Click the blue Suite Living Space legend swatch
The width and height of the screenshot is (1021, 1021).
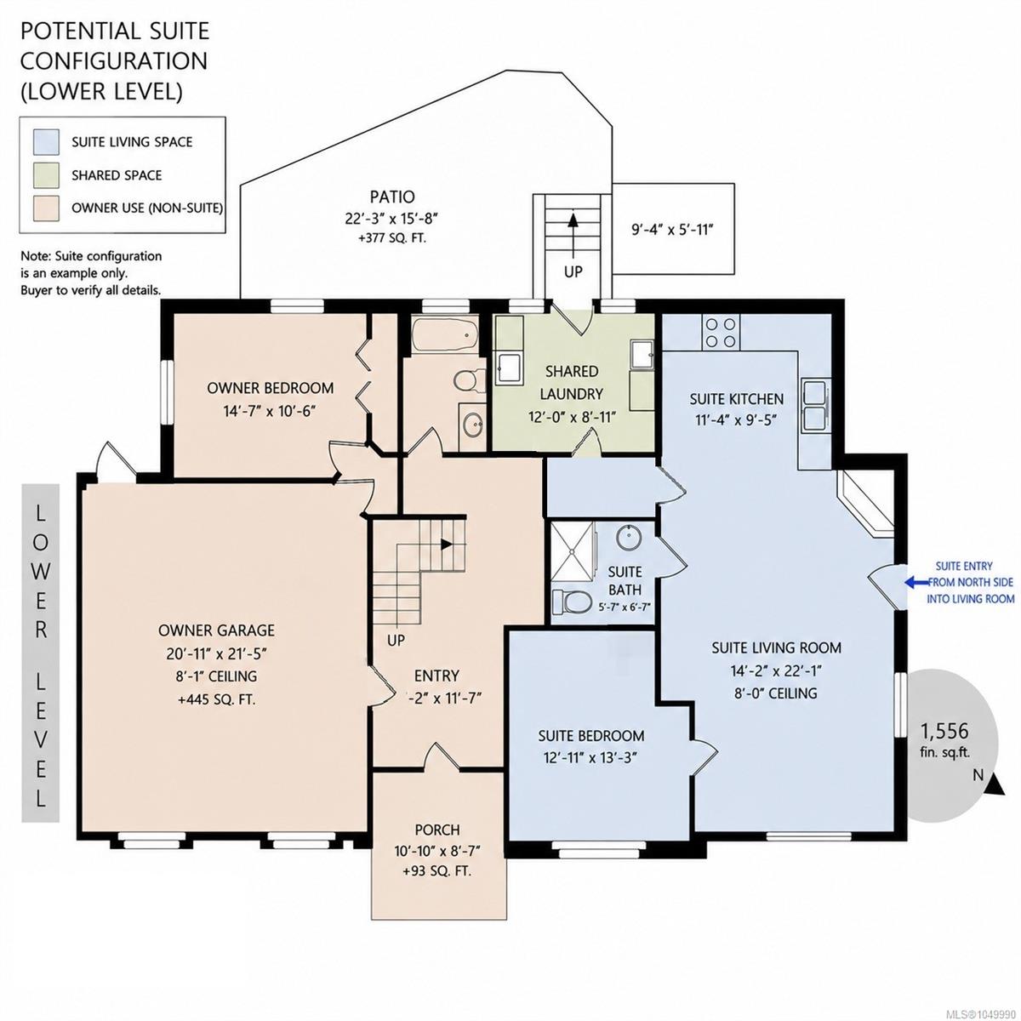(46, 142)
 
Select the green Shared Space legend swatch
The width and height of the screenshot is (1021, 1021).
(46, 175)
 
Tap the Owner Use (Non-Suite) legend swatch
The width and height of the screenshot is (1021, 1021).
(46, 208)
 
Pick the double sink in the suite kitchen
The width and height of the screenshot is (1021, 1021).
(815, 405)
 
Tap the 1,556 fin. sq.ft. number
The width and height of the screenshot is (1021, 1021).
(944, 731)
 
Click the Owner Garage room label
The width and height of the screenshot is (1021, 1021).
(217, 630)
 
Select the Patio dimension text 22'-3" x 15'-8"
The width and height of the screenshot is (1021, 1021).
(392, 219)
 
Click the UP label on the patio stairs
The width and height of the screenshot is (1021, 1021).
(573, 271)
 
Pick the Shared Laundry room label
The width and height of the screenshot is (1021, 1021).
(572, 382)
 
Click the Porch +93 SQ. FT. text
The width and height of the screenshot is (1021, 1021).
(437, 870)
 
